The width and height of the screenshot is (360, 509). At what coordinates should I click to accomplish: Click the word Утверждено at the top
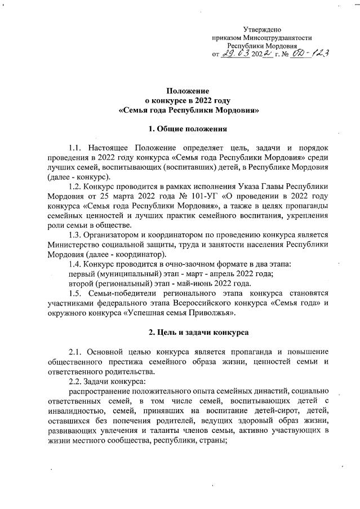[x=262, y=29]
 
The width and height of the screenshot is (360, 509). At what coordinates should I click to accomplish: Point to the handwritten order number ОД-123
[x=309, y=53]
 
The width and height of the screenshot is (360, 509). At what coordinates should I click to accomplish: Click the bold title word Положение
[x=188, y=91]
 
